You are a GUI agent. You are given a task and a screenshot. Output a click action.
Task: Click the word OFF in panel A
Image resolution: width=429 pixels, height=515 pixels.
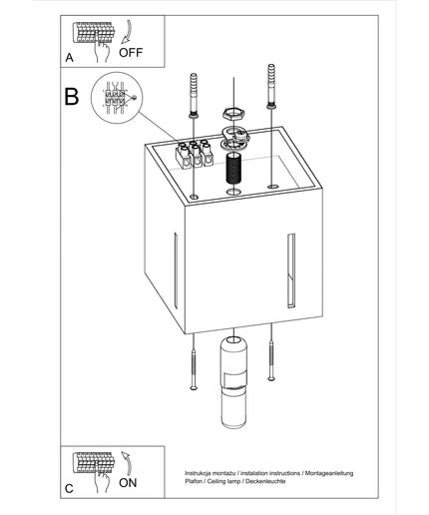131,53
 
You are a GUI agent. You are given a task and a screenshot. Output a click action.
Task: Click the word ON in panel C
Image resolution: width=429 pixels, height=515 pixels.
128,483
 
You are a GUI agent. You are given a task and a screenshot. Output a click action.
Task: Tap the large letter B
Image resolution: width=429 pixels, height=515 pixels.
72,97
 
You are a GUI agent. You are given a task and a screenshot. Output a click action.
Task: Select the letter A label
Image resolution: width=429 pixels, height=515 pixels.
69,58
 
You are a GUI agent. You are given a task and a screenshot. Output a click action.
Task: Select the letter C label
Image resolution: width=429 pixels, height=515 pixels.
69,489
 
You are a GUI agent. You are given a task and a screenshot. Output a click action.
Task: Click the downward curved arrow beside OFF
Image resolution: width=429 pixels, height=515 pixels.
128,32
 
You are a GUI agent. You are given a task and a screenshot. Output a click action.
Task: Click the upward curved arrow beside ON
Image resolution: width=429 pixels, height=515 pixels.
128,463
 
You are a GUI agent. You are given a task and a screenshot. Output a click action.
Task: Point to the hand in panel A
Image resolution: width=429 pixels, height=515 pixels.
102,51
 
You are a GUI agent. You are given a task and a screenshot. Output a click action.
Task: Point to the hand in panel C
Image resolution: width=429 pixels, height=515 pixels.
102,482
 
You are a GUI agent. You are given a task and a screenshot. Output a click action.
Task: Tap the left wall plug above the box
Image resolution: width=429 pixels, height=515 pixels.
194,96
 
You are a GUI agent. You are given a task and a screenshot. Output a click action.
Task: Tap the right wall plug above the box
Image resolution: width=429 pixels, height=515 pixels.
271,87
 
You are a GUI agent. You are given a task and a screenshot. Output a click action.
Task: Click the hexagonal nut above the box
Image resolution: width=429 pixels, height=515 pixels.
234,114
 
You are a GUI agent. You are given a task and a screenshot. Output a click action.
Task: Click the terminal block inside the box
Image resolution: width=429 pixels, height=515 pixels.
195,154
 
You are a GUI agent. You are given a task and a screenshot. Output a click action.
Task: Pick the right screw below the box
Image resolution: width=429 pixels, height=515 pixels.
271,360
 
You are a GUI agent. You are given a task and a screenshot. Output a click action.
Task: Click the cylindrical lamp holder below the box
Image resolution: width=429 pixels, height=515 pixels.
233,382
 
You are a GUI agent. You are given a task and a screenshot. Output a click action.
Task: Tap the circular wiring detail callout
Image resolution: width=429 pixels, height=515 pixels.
117,98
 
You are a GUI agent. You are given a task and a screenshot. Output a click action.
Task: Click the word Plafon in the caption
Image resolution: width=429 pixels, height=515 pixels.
194,481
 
